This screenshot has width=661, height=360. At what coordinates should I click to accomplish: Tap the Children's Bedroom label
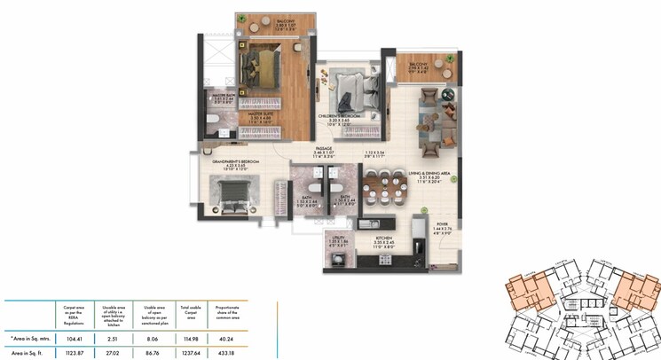coord(341,115)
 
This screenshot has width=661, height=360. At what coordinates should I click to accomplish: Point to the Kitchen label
coord(385,237)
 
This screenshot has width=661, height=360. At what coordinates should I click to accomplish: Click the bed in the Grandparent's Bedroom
coord(232,192)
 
